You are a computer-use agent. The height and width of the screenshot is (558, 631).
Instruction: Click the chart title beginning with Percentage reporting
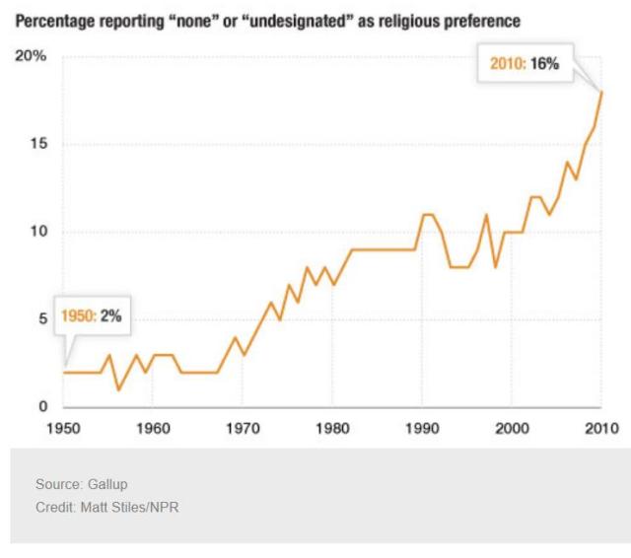[266, 21]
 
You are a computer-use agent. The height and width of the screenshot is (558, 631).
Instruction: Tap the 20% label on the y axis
[30, 56]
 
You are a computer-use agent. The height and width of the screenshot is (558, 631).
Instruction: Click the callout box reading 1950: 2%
[92, 315]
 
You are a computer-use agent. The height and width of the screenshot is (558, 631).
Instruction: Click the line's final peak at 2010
[601, 92]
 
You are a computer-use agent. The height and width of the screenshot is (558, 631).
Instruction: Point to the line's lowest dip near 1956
[118, 389]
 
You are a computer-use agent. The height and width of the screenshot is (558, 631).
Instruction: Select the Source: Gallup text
[82, 485]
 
